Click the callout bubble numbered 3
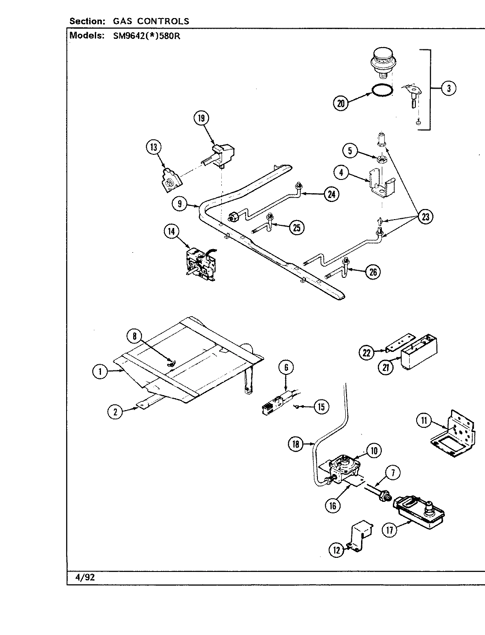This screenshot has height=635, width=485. coord(448,89)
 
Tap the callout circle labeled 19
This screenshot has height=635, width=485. coord(201,118)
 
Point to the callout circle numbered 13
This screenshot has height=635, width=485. coord(154,148)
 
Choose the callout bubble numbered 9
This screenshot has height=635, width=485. coord(180,204)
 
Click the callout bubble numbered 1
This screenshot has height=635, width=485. coord(100,372)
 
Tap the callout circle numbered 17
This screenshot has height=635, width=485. coord(389,530)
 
